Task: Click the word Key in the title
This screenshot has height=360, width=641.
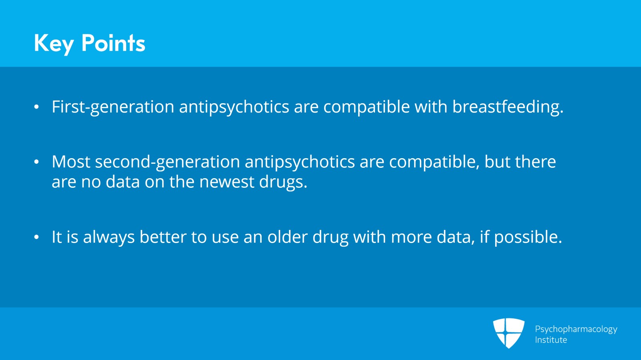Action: point(53,44)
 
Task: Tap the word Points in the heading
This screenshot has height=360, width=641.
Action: point(114,43)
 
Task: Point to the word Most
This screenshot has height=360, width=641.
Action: point(71,162)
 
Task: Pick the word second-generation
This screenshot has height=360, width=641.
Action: point(167,163)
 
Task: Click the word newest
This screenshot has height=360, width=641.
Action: point(227,182)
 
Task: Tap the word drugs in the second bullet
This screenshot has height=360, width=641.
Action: point(283,182)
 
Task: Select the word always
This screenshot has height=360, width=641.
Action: point(109,237)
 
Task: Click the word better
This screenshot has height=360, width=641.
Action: point(163,237)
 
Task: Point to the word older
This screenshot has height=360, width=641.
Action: point(287,237)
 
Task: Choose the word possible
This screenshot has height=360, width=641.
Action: point(528,237)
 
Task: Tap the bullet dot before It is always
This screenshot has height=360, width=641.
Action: point(36,237)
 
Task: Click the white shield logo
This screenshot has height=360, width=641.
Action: point(508,332)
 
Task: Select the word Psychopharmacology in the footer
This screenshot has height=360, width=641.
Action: point(576,330)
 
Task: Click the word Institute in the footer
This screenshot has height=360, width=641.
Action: point(551,340)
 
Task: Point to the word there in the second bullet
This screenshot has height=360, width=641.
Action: point(535,162)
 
